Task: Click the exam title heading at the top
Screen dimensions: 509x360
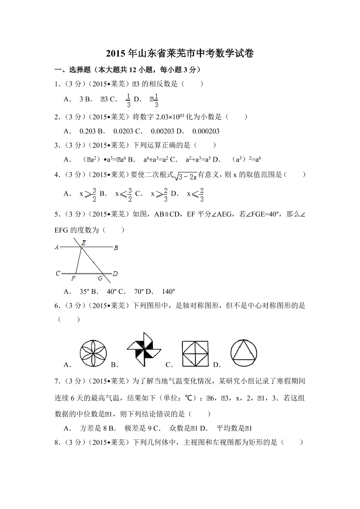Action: [x=180, y=54]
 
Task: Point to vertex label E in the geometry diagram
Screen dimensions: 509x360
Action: [x=83, y=243]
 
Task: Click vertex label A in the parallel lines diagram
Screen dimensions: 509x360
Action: [x=57, y=247]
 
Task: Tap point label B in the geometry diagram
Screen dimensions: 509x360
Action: [x=116, y=248]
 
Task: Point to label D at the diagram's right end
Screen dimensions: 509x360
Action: [x=115, y=273]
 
